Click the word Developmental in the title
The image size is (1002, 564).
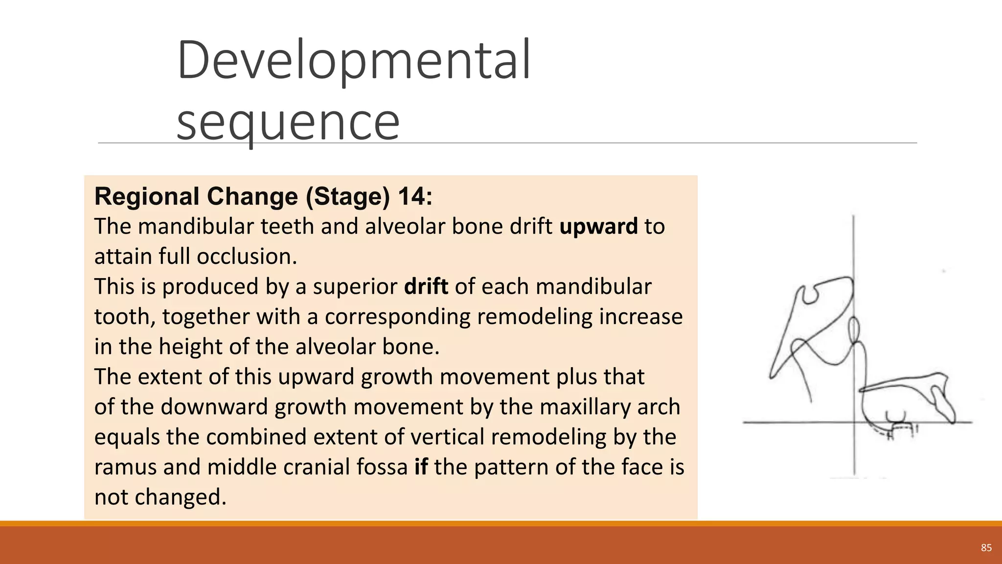coord(353,61)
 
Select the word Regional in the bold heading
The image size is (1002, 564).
coord(147,196)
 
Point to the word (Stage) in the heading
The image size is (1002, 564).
coord(348,196)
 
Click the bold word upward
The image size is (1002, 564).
coord(598,227)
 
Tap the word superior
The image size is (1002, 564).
coord(355,287)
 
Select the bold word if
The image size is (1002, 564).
coord(421,467)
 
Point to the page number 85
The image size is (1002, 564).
coord(986,547)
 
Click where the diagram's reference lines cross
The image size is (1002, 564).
coord(854,422)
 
